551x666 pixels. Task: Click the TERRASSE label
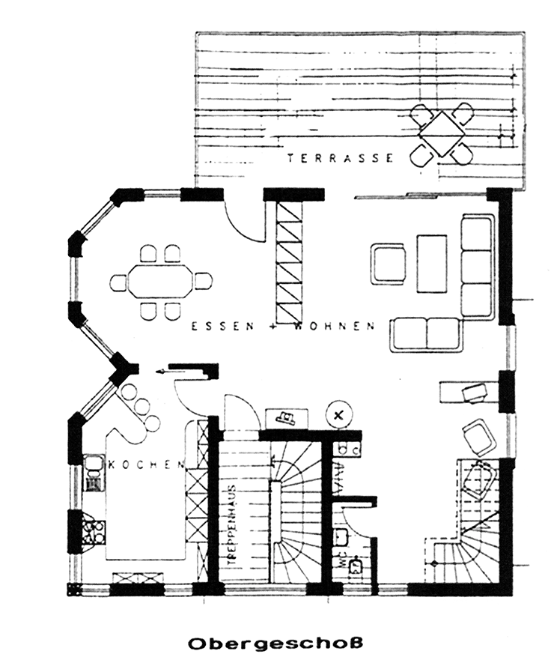[x=341, y=158]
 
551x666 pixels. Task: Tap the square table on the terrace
[x=442, y=133]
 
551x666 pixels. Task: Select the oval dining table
[x=160, y=282]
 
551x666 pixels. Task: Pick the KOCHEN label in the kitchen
[x=147, y=464]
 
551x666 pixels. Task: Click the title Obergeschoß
[x=275, y=643]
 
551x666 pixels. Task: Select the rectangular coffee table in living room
[x=432, y=263]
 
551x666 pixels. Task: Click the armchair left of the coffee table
[x=389, y=264]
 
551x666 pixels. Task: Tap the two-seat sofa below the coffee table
[x=425, y=333]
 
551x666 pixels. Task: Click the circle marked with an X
[x=339, y=414]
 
